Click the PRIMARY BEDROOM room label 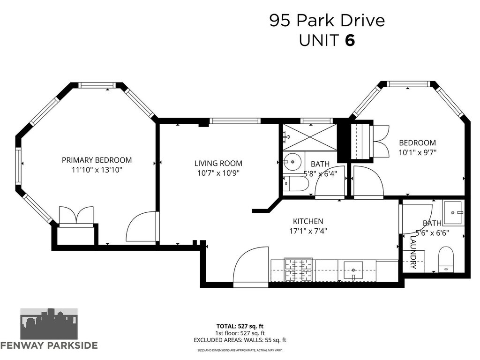point(97,160)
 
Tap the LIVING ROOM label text point(218,163)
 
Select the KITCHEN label point(308,221)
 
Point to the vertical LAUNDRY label point(413,252)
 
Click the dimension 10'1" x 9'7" point(417,152)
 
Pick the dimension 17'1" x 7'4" point(308,231)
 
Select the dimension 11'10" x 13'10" point(97,170)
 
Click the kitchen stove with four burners point(299,270)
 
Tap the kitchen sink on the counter point(353,270)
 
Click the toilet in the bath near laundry point(446,260)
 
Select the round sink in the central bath point(292,161)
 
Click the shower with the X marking point(309,137)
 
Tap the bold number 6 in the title point(350,40)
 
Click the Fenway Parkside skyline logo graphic point(49,324)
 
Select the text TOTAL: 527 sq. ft point(240,326)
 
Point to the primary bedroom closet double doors point(76,216)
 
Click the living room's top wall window point(235,121)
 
